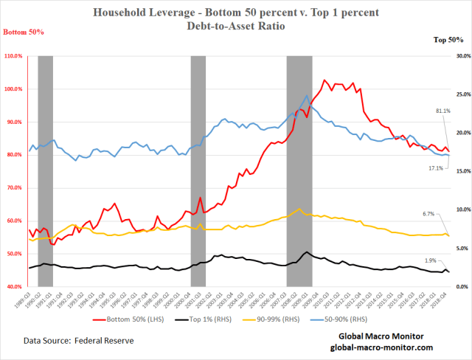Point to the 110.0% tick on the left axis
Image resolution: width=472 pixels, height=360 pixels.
pyautogui.click(x=14, y=56)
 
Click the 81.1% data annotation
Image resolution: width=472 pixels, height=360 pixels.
pyautogui.click(x=443, y=111)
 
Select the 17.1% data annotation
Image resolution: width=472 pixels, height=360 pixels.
pyautogui.click(x=437, y=168)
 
